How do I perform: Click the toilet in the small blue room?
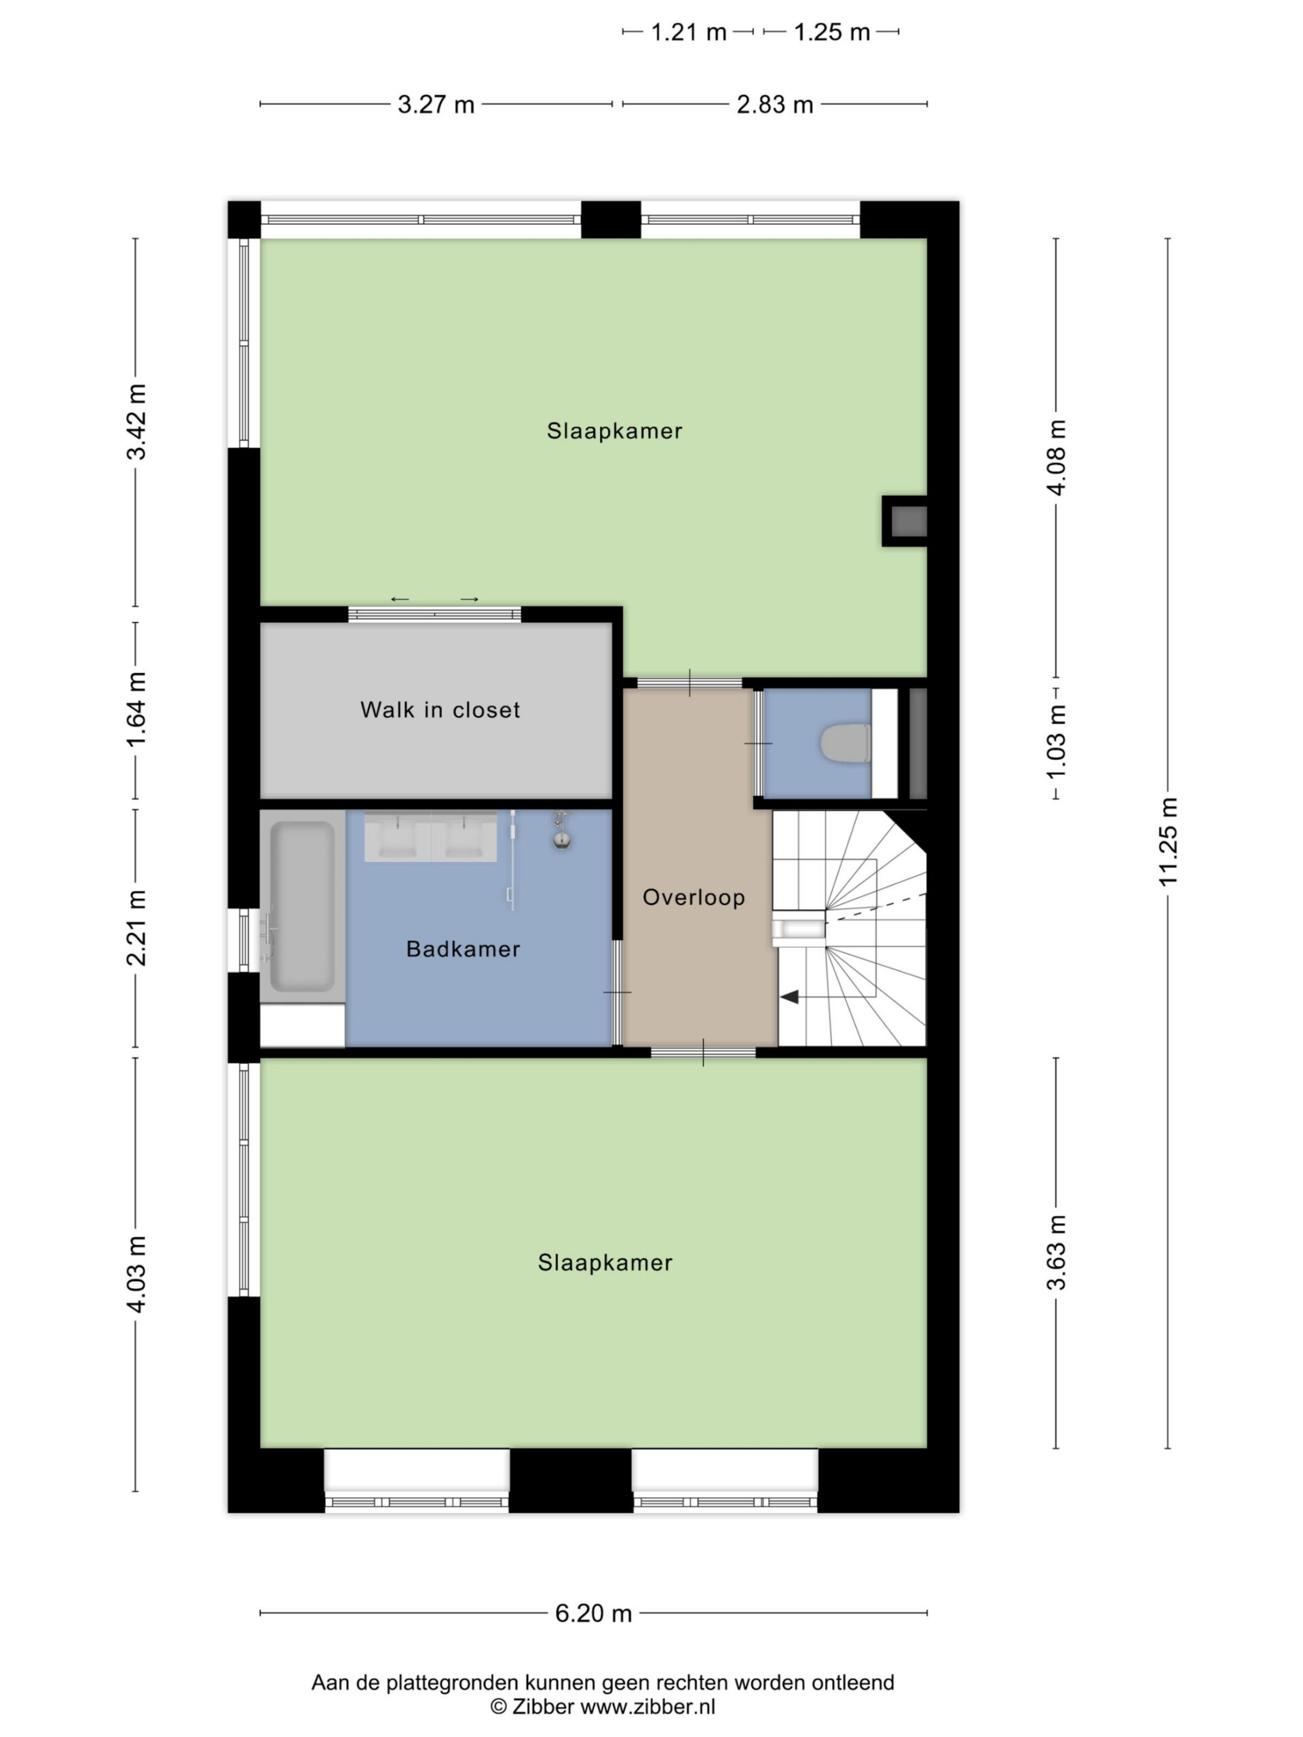tap(845, 743)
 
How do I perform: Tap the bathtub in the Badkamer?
tap(303, 905)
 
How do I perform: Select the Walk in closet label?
tap(440, 710)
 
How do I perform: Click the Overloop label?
tap(694, 897)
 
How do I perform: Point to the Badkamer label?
tap(463, 949)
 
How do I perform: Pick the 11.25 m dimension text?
tap(1169, 841)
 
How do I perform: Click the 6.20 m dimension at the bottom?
tap(593, 1613)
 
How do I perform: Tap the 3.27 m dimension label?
tap(436, 104)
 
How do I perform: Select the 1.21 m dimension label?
tap(688, 32)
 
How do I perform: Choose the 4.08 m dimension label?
tap(1057, 457)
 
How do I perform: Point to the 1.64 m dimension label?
tap(136, 710)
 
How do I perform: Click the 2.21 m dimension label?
tap(136, 928)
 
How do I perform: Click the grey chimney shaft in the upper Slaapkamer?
tap(908, 521)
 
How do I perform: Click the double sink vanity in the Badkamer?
tap(430, 837)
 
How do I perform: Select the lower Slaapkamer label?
tap(605, 1263)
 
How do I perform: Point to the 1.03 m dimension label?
tap(1057, 742)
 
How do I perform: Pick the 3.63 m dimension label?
tap(1057, 1253)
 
